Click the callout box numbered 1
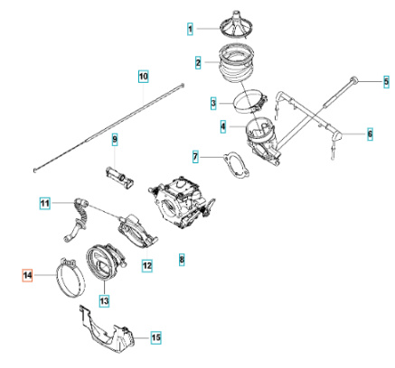click(x=191, y=30)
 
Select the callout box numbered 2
click(x=197, y=62)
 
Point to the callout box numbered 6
click(x=371, y=134)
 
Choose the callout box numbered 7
click(x=195, y=158)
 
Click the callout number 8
click(x=182, y=260)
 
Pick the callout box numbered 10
click(x=143, y=78)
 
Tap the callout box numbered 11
click(x=44, y=204)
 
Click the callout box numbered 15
click(x=155, y=337)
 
